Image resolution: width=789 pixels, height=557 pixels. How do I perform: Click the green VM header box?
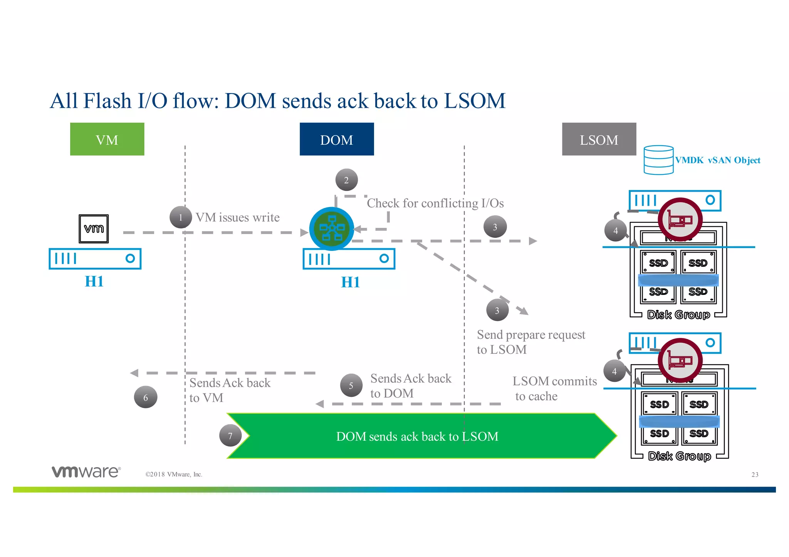pyautogui.click(x=107, y=139)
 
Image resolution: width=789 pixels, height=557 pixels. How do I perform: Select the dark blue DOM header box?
pyautogui.click(x=337, y=139)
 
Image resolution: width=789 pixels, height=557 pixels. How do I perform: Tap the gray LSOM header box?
pyautogui.click(x=599, y=139)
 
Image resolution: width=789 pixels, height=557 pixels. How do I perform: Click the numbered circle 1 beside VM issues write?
pyautogui.click(x=181, y=217)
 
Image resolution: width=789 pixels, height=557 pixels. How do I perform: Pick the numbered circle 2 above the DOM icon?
pyautogui.click(x=346, y=180)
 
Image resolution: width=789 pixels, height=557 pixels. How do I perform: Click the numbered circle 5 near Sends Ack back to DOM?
pyautogui.click(x=351, y=385)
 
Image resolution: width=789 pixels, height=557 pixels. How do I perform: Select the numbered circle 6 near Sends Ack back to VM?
pyautogui.click(x=146, y=397)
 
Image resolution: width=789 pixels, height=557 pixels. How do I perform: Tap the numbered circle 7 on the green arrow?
pyautogui.click(x=230, y=436)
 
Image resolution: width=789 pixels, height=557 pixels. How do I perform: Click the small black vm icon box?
pyautogui.click(x=94, y=229)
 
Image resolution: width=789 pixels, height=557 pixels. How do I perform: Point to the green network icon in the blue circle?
pyautogui.click(x=332, y=229)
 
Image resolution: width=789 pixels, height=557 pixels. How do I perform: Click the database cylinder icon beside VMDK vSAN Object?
pyautogui.click(x=658, y=160)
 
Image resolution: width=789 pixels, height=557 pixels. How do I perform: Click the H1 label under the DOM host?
pyautogui.click(x=350, y=282)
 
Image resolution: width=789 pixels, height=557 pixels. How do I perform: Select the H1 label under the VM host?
pyautogui.click(x=94, y=281)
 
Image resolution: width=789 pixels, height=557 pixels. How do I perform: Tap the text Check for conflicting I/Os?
pyautogui.click(x=435, y=203)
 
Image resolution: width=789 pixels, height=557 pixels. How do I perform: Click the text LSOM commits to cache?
pyautogui.click(x=554, y=388)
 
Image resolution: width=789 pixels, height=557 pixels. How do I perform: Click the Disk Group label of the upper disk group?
pyautogui.click(x=678, y=314)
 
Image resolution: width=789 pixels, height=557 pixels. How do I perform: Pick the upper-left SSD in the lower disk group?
pyautogui.click(x=659, y=404)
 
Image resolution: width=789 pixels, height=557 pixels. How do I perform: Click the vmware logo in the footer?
pyautogui.click(x=86, y=472)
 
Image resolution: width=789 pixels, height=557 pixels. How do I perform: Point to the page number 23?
pyautogui.click(x=755, y=475)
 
